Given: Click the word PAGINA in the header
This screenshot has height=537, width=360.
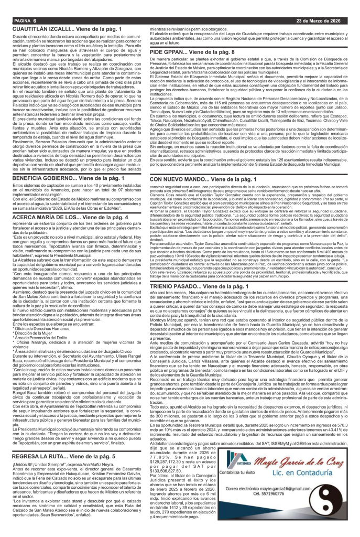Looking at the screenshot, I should click(x=15, y=20).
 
